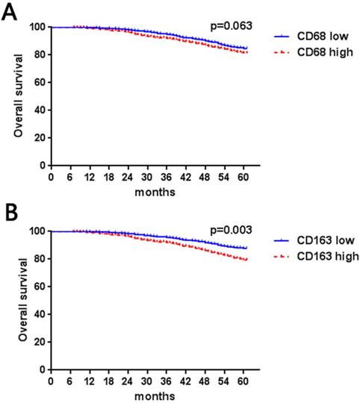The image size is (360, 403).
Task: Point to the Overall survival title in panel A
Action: point(16,96)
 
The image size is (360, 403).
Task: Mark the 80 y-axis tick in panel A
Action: point(37,54)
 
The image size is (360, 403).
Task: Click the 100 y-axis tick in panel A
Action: point(34,27)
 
